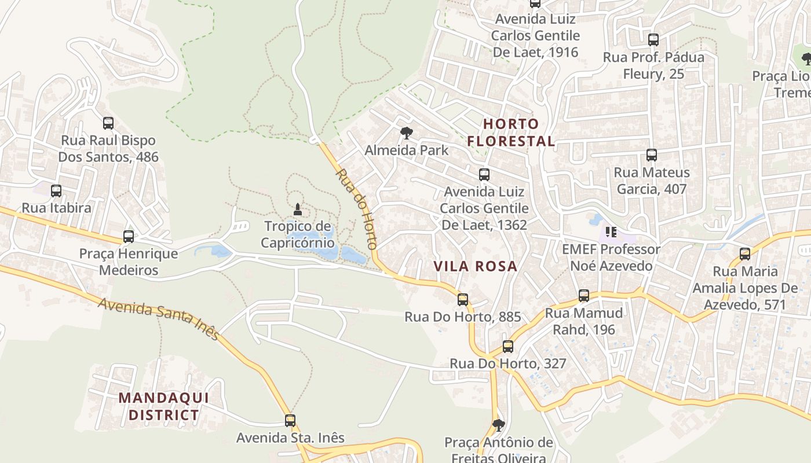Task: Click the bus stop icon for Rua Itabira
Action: (x=56, y=191)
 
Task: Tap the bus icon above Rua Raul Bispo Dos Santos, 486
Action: (x=108, y=123)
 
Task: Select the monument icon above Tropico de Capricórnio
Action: (x=298, y=209)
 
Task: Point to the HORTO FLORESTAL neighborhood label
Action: (x=511, y=133)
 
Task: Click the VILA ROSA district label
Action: (x=476, y=266)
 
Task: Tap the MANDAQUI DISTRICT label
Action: (x=164, y=406)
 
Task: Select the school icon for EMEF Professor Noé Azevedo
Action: (x=611, y=233)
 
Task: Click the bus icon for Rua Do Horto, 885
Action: (x=463, y=300)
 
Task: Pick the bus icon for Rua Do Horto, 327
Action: (x=508, y=347)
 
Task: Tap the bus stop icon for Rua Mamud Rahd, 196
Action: (x=584, y=296)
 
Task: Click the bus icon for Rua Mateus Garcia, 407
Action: (x=652, y=155)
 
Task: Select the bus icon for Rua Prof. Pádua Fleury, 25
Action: (x=653, y=40)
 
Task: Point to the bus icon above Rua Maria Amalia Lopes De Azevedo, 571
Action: (x=745, y=254)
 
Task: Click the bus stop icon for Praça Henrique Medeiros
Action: (x=129, y=237)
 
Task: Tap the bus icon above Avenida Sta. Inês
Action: (x=290, y=421)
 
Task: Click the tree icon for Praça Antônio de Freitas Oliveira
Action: (x=498, y=425)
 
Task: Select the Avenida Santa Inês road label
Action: (x=159, y=319)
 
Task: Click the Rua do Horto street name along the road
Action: (x=356, y=208)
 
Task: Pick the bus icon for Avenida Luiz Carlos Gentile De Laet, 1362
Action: (x=484, y=175)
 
